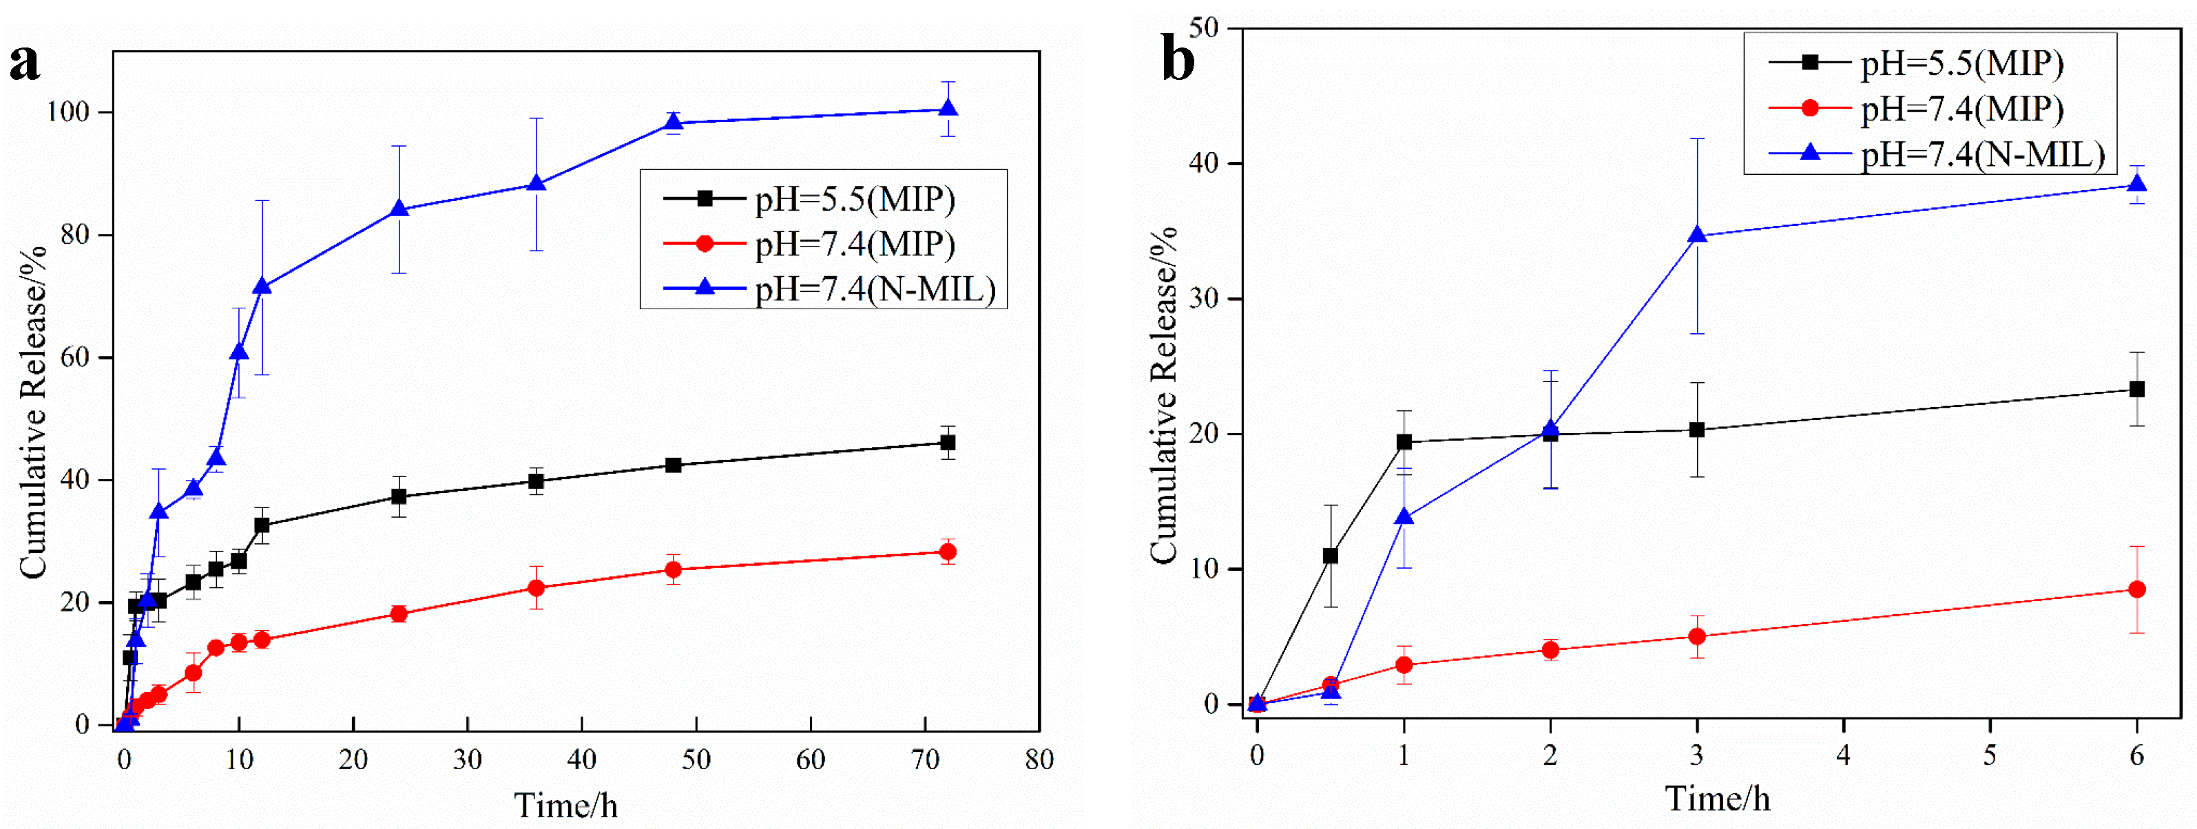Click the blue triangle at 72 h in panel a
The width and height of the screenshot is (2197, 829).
coord(948,109)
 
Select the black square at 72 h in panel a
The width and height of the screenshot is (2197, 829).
coord(948,443)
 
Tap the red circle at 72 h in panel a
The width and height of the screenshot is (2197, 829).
coord(948,552)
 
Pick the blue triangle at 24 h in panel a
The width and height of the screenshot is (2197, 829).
coord(398,209)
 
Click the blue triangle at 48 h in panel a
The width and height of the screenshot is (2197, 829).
coord(673,123)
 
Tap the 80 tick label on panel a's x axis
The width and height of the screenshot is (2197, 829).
coord(1039,759)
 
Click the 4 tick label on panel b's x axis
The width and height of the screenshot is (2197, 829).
coord(1843,755)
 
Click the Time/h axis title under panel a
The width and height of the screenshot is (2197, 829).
coord(565,805)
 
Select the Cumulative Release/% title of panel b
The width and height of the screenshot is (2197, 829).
coord(1163,395)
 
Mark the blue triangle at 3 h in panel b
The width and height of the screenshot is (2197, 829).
coord(1697,235)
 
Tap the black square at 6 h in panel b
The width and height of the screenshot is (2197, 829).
coord(2136,389)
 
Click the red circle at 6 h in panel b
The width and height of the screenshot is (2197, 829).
coord(2136,589)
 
